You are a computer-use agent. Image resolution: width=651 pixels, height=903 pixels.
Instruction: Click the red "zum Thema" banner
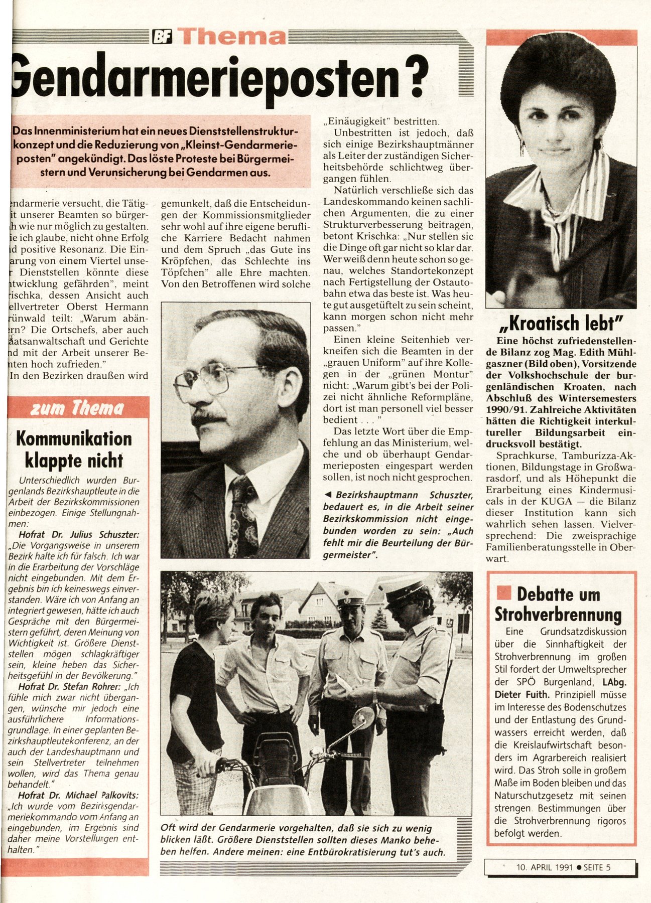click(x=78, y=408)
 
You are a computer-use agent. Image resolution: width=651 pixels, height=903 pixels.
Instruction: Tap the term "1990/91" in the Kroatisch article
click(x=505, y=409)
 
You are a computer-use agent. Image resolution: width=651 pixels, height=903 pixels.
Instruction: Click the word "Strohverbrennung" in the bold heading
click(x=558, y=615)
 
